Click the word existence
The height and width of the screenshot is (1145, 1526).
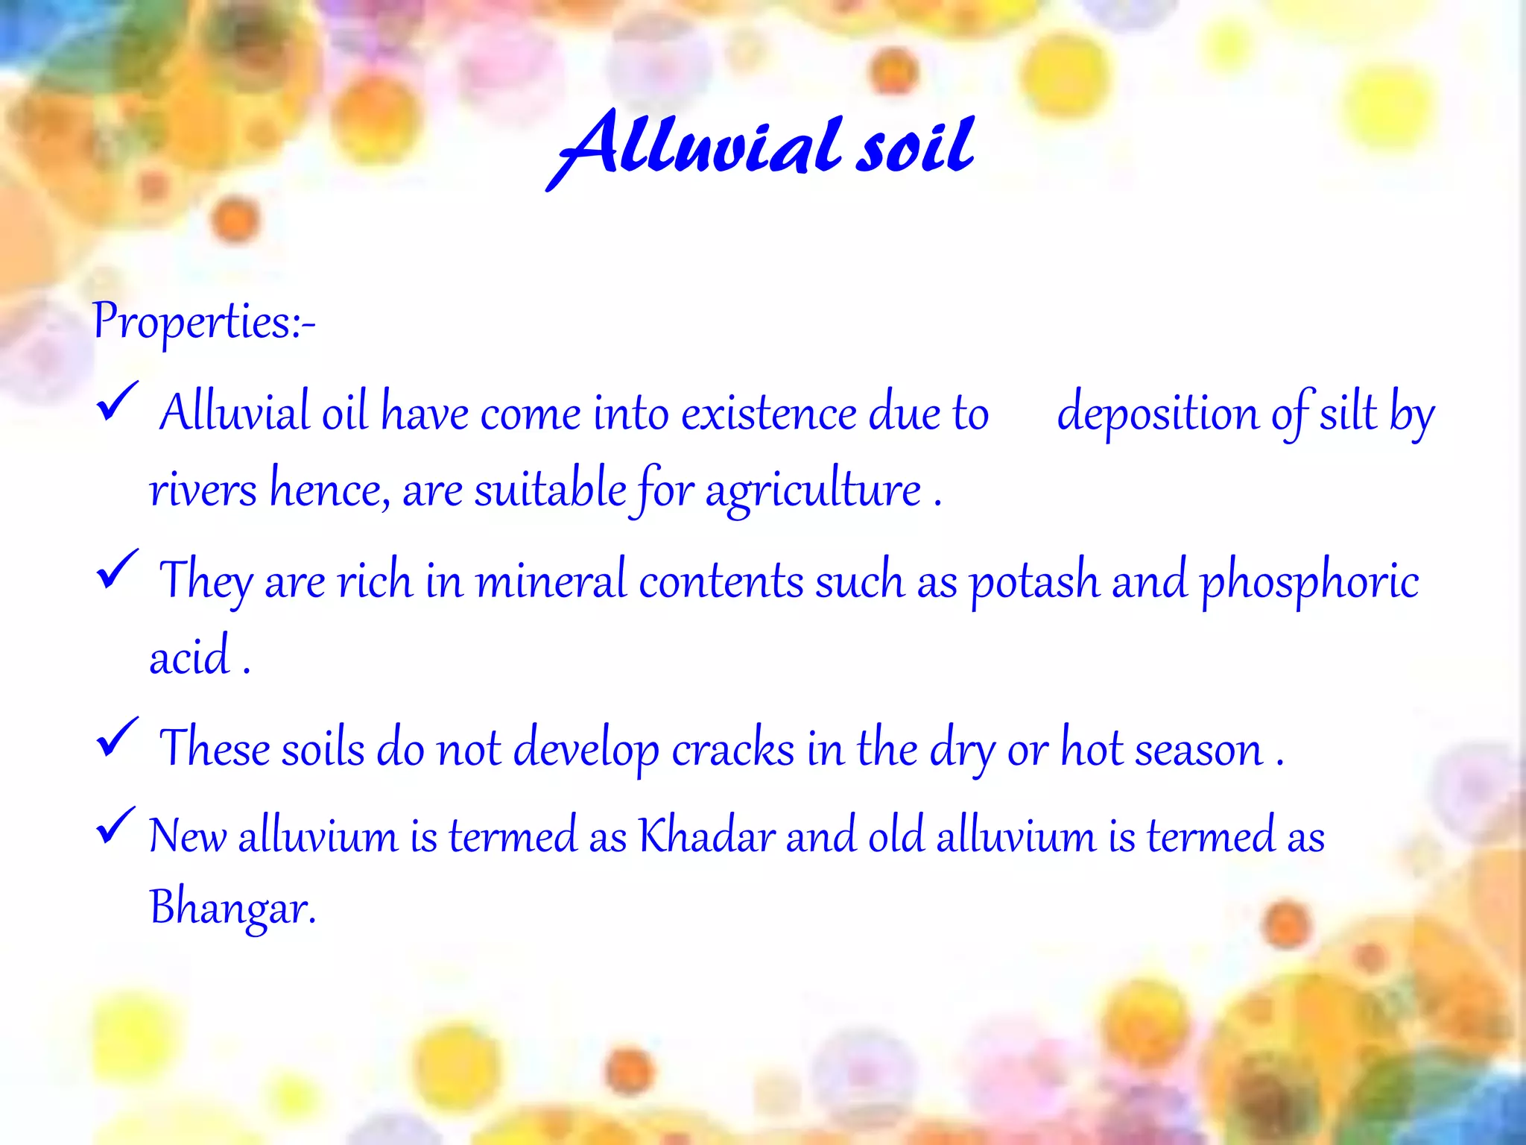point(768,414)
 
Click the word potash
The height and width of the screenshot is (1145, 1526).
point(1033,582)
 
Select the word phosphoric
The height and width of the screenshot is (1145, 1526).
point(1309,582)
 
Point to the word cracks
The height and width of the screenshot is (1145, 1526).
point(732,749)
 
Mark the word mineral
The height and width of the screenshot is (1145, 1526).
point(551,582)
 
